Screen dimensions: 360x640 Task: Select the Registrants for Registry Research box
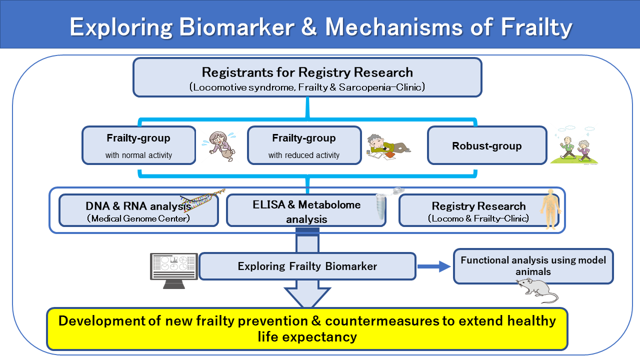(307, 77)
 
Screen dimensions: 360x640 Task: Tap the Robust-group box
(486, 145)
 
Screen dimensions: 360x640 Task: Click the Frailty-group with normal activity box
(138, 145)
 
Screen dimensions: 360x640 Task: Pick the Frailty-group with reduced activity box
(304, 145)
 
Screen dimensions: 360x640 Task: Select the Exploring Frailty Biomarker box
(307, 266)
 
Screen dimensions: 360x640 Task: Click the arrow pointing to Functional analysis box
(433, 266)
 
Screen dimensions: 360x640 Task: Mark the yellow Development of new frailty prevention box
(307, 328)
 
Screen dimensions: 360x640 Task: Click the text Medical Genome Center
(138, 218)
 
